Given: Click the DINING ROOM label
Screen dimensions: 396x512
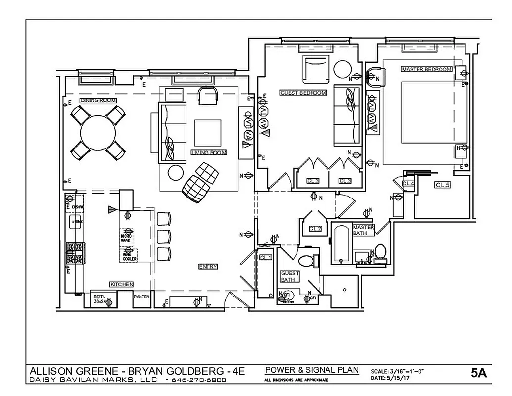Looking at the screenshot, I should click(x=98, y=100).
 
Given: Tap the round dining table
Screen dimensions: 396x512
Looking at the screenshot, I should click(x=98, y=133).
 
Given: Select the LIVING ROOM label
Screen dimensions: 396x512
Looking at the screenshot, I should click(x=208, y=153).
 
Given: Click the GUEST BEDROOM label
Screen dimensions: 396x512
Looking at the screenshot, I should click(x=303, y=93).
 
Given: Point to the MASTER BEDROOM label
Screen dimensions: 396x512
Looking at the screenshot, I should click(x=426, y=69).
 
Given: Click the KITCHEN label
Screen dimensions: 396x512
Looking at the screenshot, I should click(x=121, y=284).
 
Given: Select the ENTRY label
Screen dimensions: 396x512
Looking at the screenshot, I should click(x=208, y=267).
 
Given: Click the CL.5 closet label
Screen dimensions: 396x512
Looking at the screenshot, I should click(x=442, y=185).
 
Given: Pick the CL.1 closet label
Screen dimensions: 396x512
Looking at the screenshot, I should click(x=265, y=258).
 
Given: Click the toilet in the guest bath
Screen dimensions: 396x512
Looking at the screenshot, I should click(x=306, y=260).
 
